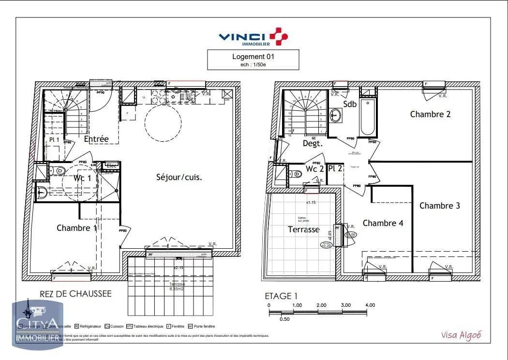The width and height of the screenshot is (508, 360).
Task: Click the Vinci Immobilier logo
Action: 253,37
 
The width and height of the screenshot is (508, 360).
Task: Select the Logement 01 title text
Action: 253,57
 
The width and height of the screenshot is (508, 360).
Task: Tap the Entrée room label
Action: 96,139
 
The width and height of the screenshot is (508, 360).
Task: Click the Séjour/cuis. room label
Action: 179,177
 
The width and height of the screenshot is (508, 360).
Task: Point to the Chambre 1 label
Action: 76,228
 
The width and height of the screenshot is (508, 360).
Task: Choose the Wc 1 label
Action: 82,179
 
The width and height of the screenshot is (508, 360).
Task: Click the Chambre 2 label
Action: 430,114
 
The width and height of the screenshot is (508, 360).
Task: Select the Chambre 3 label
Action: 439,206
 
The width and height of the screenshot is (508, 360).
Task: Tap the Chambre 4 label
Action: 383,223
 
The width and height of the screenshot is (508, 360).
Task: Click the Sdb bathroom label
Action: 350,104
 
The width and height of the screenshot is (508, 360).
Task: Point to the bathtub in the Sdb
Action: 367,118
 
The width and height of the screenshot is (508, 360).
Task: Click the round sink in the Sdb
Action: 336,115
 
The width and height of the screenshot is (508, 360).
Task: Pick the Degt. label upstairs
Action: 313,143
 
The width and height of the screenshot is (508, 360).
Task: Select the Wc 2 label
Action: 314,169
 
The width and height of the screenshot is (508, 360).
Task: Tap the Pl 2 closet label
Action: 335,169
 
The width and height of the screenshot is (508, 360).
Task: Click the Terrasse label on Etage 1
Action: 303,229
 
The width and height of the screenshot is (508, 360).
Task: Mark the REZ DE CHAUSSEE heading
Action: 75,294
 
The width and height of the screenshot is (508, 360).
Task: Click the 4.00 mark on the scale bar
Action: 370,305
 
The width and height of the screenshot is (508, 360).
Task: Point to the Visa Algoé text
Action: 461,335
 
